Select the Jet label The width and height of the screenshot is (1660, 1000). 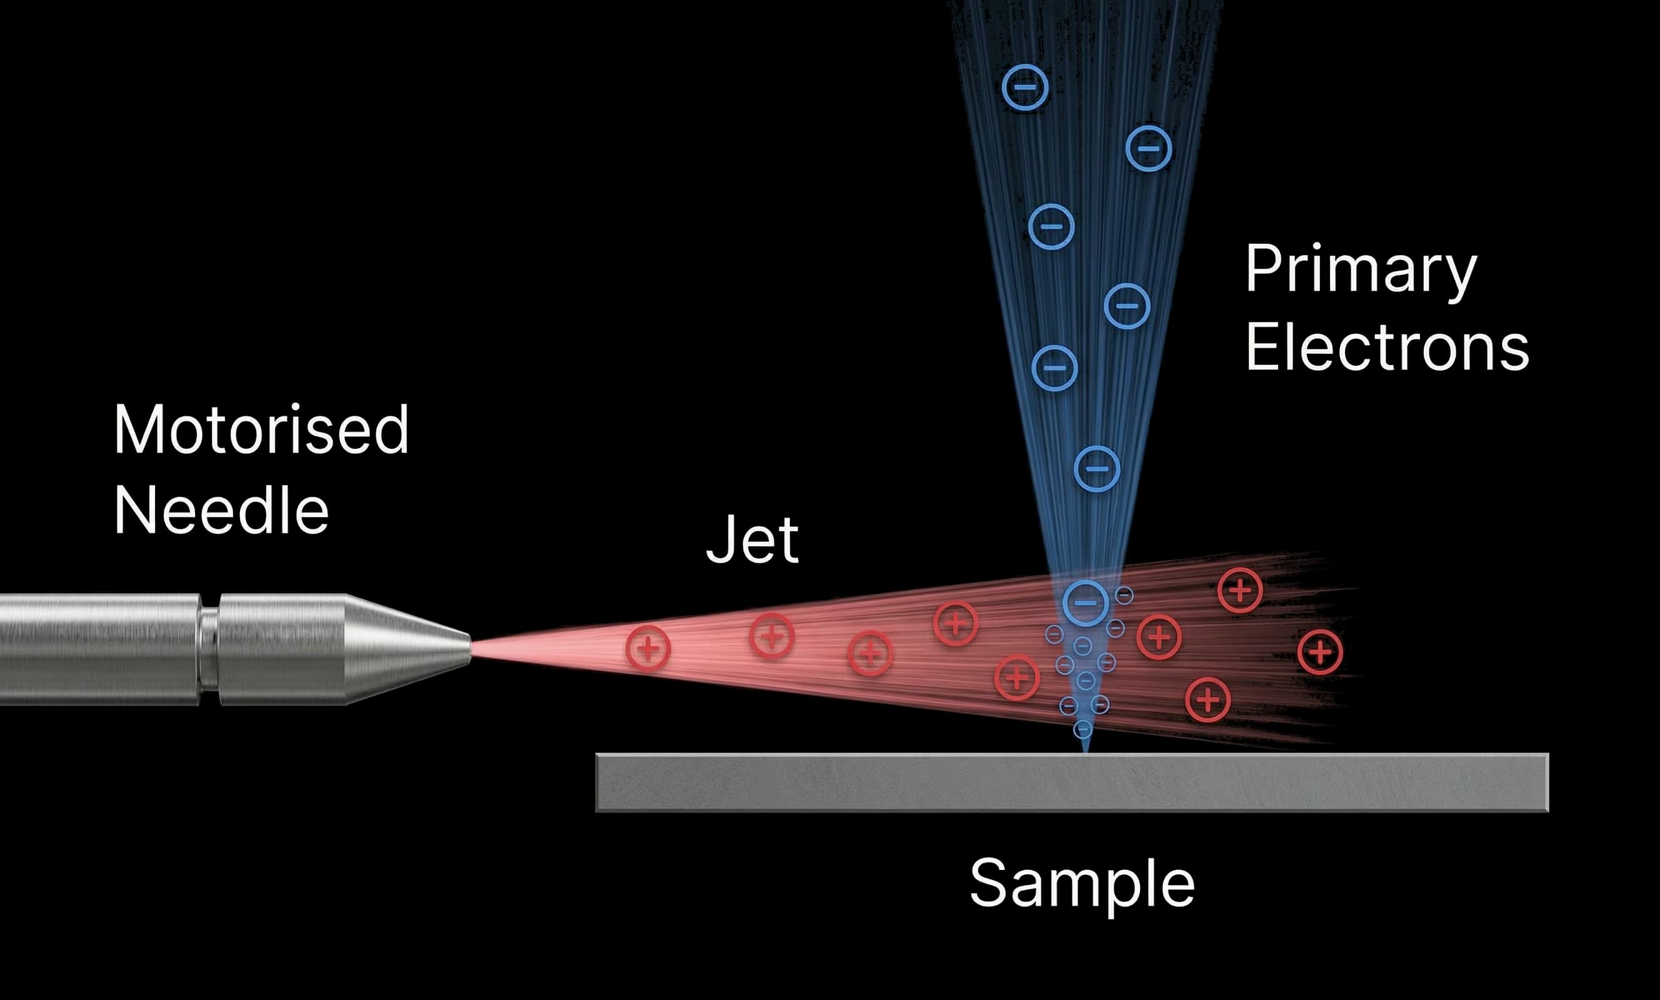point(752,539)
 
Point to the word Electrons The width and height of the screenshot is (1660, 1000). point(1386,347)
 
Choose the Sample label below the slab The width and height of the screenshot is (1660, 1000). point(1082,883)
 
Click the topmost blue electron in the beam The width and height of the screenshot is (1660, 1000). point(1026,87)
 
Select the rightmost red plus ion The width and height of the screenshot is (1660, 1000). point(1320,652)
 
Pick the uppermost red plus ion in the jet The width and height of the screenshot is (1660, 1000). point(1239,590)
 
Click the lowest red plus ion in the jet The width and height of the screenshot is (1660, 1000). point(1208,700)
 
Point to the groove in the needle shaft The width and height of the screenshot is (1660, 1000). point(209,649)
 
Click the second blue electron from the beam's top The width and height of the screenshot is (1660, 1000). point(1149,148)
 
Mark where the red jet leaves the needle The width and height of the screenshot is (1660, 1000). point(472,649)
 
